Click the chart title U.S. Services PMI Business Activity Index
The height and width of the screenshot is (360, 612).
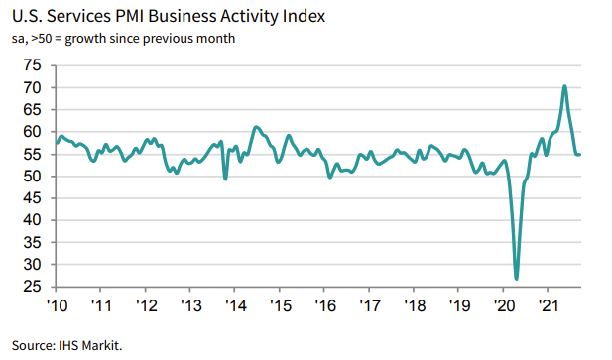coord(164,18)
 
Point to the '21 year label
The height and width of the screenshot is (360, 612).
coord(546,304)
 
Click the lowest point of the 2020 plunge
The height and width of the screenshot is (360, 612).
coord(517,279)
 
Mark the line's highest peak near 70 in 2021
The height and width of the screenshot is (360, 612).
coord(564,86)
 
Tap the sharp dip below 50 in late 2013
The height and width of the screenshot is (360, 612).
coord(225,179)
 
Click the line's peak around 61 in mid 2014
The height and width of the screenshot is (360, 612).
coord(256,127)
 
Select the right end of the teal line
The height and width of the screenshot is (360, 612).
coord(581,154)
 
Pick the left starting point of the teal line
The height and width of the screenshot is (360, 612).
coord(57,143)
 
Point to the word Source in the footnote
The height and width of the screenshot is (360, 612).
coord(30,345)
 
